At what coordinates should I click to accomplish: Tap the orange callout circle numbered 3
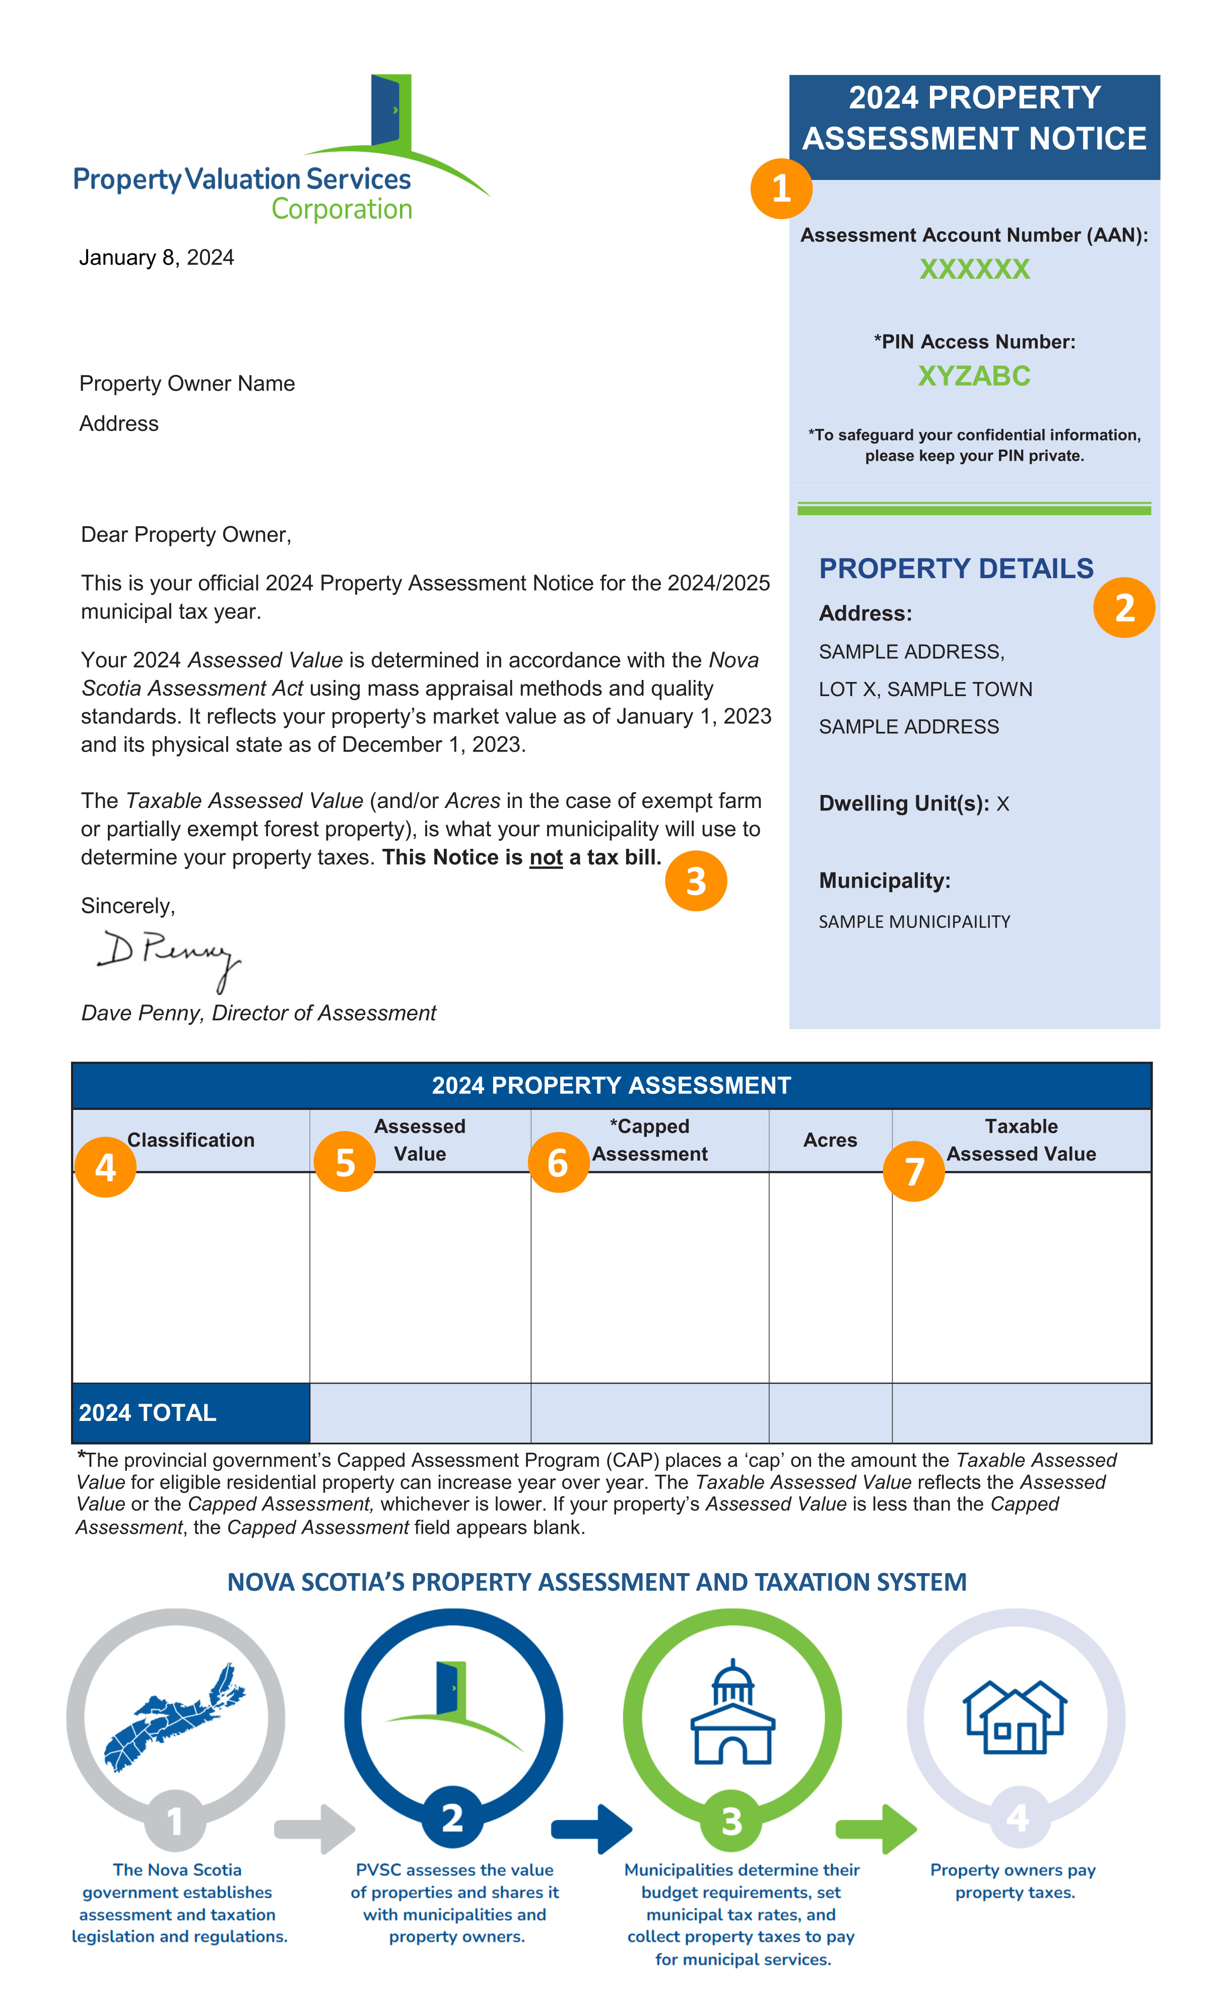pos(695,881)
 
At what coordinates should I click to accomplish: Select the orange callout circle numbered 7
pos(913,1170)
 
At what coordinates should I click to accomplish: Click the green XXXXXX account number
pos(974,269)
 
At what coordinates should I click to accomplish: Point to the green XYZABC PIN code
pos(974,376)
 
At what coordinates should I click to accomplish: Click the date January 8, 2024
pos(156,258)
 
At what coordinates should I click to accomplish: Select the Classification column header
pos(191,1140)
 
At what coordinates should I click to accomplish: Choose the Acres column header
pos(829,1140)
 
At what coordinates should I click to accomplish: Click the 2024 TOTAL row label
pos(148,1412)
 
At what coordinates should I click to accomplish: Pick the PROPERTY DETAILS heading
pos(955,569)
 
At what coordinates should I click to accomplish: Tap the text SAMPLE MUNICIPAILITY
pos(914,921)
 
